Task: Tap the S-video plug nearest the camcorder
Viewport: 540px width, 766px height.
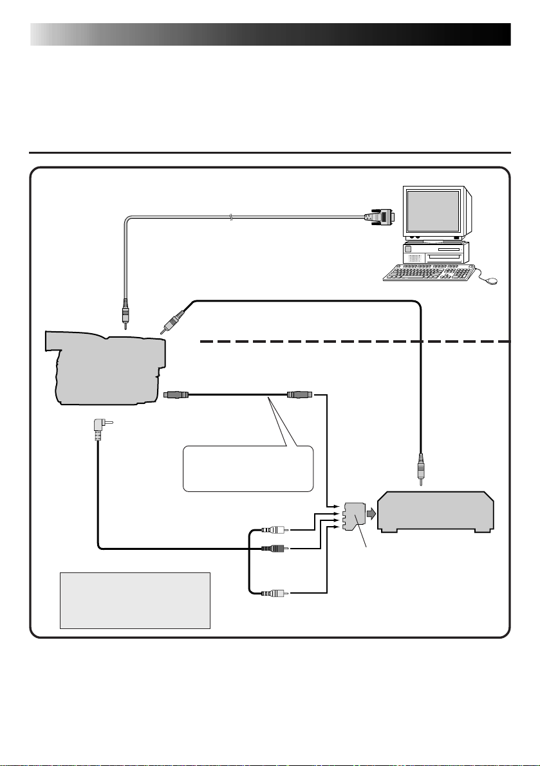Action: pos(177,394)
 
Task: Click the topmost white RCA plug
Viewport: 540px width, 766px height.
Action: pos(274,531)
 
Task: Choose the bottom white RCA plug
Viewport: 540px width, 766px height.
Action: pos(274,592)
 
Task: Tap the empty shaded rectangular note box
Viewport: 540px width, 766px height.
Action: pos(135,600)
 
